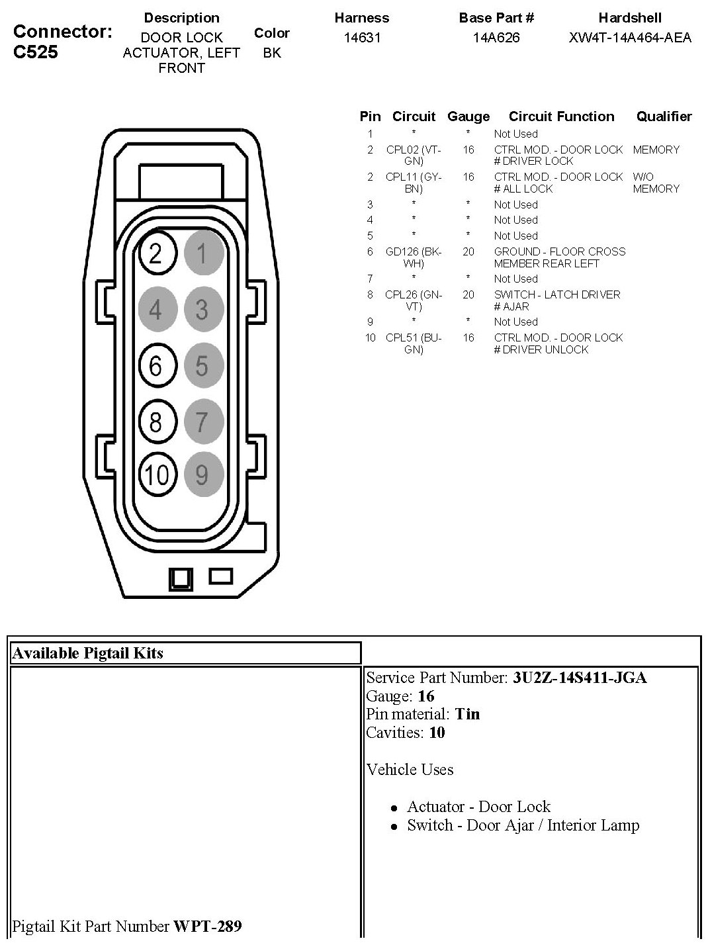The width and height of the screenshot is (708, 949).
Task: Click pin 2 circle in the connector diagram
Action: coord(156,253)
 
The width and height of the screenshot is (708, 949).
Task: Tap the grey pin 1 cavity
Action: coord(202,253)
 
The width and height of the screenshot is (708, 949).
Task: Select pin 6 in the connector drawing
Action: coord(156,365)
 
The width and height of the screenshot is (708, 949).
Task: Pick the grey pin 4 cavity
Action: coord(156,309)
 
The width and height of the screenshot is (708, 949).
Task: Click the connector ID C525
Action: coord(36,52)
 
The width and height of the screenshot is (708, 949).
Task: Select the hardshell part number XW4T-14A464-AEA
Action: coord(630,38)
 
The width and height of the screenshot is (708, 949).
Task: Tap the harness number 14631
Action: coord(362,38)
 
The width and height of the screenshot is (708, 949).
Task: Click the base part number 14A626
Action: coord(496,38)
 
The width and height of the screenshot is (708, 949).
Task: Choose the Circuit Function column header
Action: coord(561,117)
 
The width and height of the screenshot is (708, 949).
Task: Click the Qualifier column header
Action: coord(664,117)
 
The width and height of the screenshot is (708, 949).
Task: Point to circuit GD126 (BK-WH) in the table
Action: coord(414,257)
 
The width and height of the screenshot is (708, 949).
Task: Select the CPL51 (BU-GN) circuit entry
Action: coord(414,343)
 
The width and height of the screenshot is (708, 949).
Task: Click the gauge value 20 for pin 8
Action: coord(468,294)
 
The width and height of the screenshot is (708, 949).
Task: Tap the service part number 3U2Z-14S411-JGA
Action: coord(580,678)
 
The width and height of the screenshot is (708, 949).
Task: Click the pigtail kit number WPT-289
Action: coord(208,926)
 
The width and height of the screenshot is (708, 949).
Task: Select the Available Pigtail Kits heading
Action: coord(88,653)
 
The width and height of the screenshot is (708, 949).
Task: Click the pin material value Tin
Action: coord(467,714)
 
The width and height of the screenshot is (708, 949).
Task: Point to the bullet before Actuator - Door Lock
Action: coord(394,808)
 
